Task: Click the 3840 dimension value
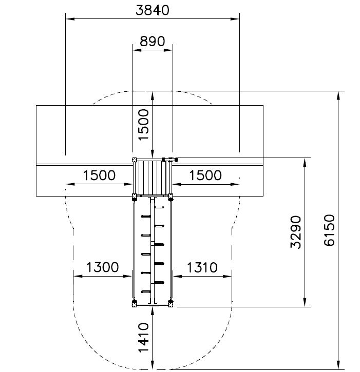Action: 153,10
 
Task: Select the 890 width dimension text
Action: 152,41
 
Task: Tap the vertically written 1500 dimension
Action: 144,125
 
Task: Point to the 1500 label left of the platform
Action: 99,175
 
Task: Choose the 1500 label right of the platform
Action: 205,175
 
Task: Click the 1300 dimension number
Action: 102,267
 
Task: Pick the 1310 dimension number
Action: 202,267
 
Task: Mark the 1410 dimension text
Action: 144,337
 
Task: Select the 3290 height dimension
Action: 296,232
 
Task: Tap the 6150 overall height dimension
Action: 329,230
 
